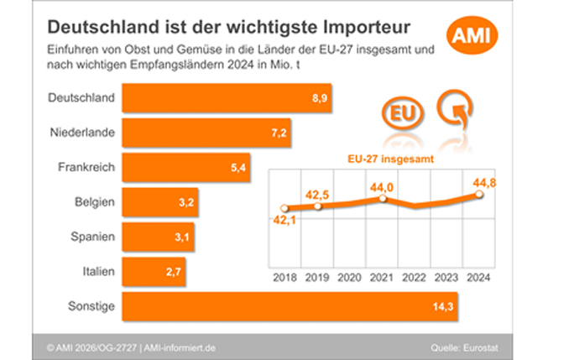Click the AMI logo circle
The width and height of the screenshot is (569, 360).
click(474, 34)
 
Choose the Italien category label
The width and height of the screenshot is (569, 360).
click(95, 272)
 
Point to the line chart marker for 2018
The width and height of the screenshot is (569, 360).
click(284, 208)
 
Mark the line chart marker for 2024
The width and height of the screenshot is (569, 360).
click(479, 194)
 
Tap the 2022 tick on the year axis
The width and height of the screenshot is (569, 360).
click(415, 277)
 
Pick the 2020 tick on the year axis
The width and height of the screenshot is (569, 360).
click(350, 277)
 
